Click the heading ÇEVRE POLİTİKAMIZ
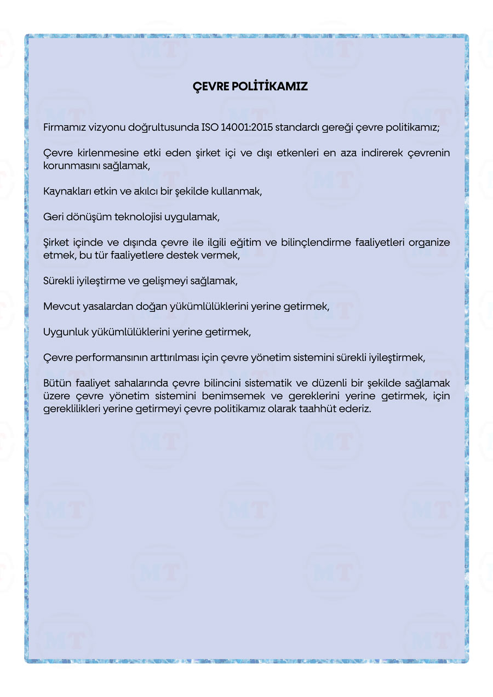tap(250, 87)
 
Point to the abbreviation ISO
tap(210, 128)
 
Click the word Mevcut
tap(61, 307)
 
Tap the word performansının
tap(112, 358)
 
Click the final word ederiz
tap(358, 409)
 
